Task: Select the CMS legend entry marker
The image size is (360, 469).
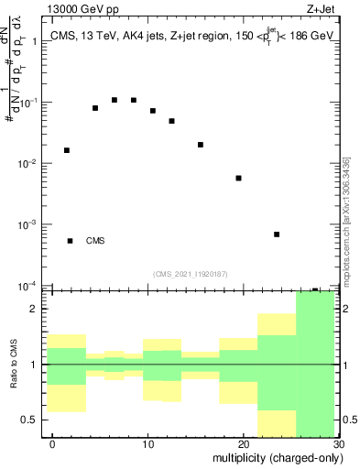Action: (x=70, y=241)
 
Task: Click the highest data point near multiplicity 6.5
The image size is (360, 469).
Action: (x=115, y=100)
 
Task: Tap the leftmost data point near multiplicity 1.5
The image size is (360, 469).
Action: (x=67, y=150)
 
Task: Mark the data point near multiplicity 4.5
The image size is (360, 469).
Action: (x=95, y=108)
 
